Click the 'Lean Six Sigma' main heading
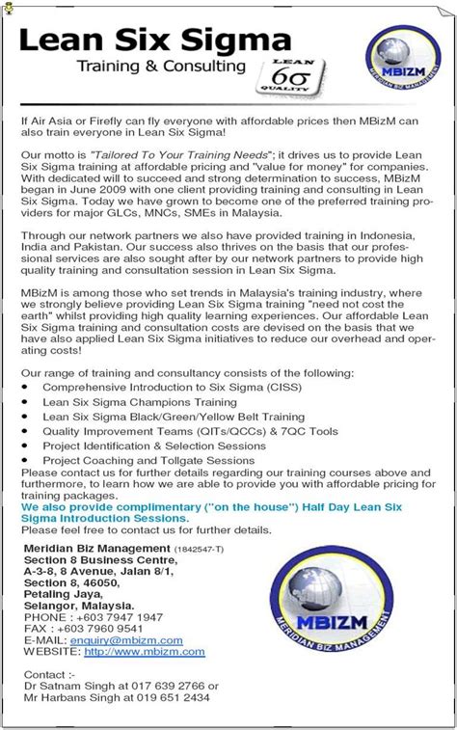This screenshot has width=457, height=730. click(154, 41)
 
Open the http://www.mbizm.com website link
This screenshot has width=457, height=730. click(145, 652)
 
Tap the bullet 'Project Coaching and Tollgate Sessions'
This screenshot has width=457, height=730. click(148, 461)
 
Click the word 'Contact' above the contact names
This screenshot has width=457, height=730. click(43, 673)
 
